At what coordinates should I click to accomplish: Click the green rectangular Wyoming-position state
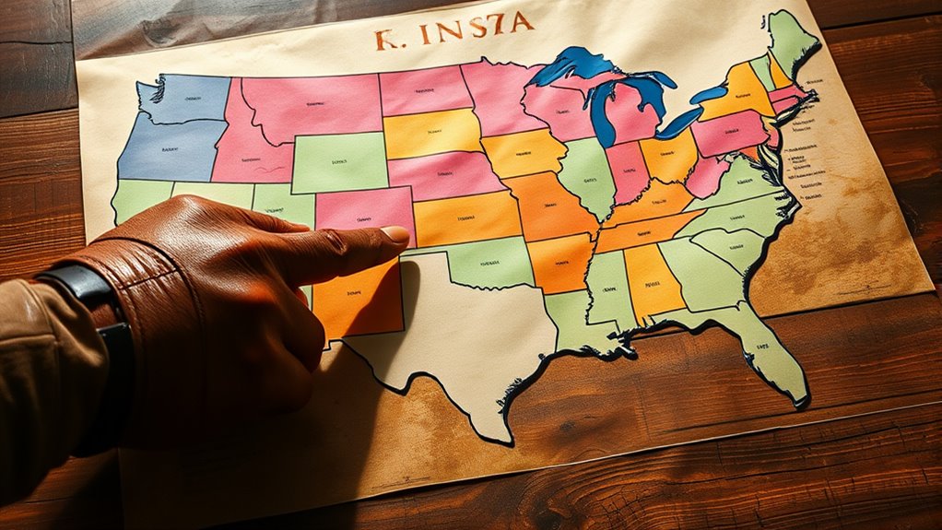tap(339, 160)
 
